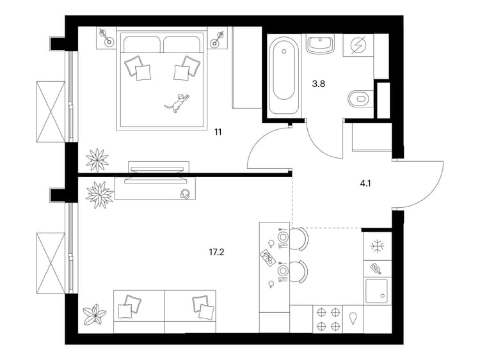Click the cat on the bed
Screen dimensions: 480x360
(177, 104)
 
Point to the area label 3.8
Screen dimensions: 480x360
(318, 84)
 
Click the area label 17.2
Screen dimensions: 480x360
(216, 252)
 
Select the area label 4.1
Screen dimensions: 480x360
(365, 184)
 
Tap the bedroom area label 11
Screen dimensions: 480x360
(218, 132)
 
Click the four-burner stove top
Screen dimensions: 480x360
(328, 319)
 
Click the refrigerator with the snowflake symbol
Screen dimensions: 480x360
(378, 246)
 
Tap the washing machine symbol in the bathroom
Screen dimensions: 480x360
(358, 45)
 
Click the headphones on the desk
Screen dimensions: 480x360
(185, 194)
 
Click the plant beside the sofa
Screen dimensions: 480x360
(95, 315)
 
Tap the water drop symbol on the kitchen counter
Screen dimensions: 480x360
(353, 318)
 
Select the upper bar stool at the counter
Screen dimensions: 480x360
(298, 239)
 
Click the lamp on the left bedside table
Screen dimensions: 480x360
(106, 37)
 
